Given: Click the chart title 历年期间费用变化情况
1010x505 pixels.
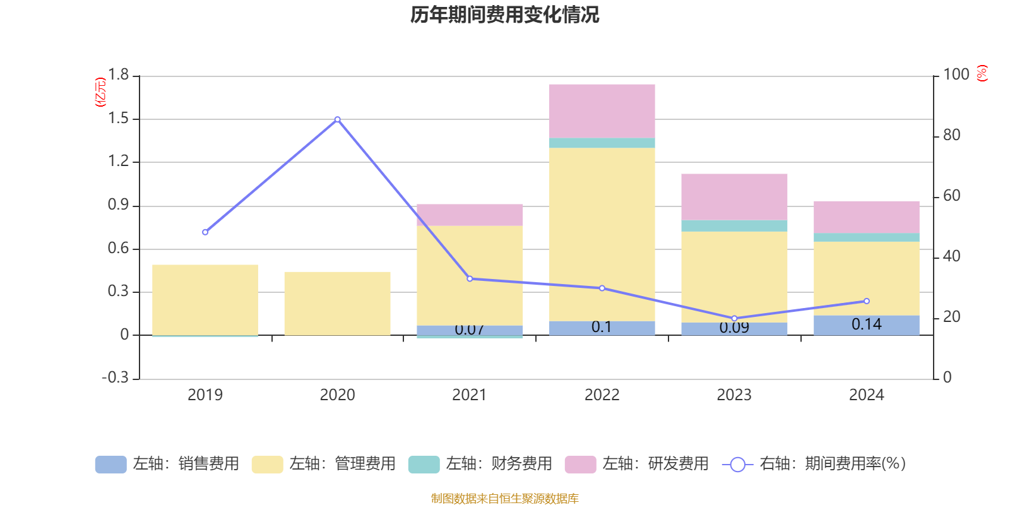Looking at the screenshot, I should pos(504,15).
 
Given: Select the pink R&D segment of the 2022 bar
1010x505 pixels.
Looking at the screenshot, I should pos(602,110).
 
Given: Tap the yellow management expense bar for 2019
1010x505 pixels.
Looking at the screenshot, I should pos(205,299).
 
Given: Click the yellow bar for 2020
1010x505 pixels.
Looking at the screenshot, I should pos(337,303).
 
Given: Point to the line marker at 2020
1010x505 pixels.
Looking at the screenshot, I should pos(337,119).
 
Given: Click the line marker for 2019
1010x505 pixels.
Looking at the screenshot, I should pos(205,232).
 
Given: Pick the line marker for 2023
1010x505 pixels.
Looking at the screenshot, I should pos(734,319).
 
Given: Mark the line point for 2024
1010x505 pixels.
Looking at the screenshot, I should pos(866,301).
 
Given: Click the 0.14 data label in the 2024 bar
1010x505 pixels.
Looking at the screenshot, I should pos(866,324).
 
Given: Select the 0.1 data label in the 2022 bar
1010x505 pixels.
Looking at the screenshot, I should pos(602,327).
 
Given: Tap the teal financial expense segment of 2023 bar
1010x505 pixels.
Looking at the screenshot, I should pos(734,226).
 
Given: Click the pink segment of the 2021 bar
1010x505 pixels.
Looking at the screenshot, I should pos(470,215).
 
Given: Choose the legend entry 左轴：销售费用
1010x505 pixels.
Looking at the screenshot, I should pos(167,464).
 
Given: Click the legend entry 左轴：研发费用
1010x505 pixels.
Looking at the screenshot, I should pos(637,464).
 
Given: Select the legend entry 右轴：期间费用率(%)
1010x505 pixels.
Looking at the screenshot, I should pos(814,464).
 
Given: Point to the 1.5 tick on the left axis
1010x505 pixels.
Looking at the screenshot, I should pos(118,119).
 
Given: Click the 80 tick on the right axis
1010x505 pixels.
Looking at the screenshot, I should pos(951,135).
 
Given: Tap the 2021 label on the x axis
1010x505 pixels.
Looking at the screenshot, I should pos(470,395).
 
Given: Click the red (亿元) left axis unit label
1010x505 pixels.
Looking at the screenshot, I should pos(100,92).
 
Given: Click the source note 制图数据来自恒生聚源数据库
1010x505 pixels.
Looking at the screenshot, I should pos(504,499).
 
